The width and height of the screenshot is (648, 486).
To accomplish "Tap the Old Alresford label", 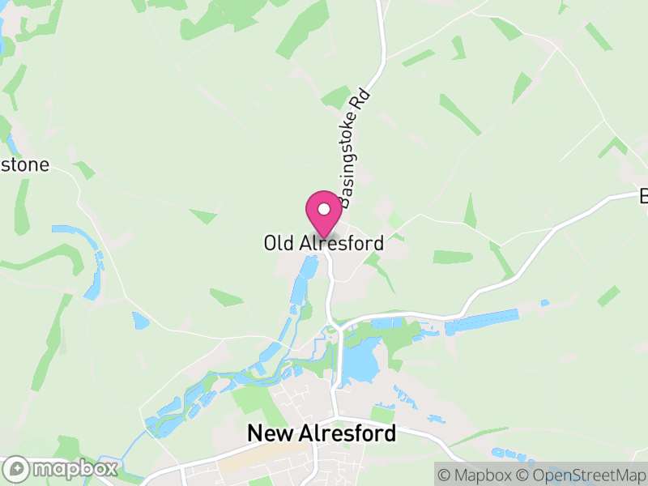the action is tap(323, 243).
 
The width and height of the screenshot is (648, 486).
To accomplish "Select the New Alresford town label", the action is tap(322, 433).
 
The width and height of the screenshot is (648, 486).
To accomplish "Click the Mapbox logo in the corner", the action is tap(62, 468).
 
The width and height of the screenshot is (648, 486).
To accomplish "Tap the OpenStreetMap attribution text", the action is tap(582, 474).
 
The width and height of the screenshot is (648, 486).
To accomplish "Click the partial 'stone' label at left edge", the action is tap(24, 165).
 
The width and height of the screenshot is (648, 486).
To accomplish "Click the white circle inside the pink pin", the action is tap(324, 209).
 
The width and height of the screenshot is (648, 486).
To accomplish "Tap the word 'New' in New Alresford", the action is tap(268, 433).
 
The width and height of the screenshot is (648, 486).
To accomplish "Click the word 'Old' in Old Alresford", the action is tap(276, 243).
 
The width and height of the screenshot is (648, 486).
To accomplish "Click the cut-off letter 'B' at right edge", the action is tap(644, 196).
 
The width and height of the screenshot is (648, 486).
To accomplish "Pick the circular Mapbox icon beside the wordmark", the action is tap(17, 468).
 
